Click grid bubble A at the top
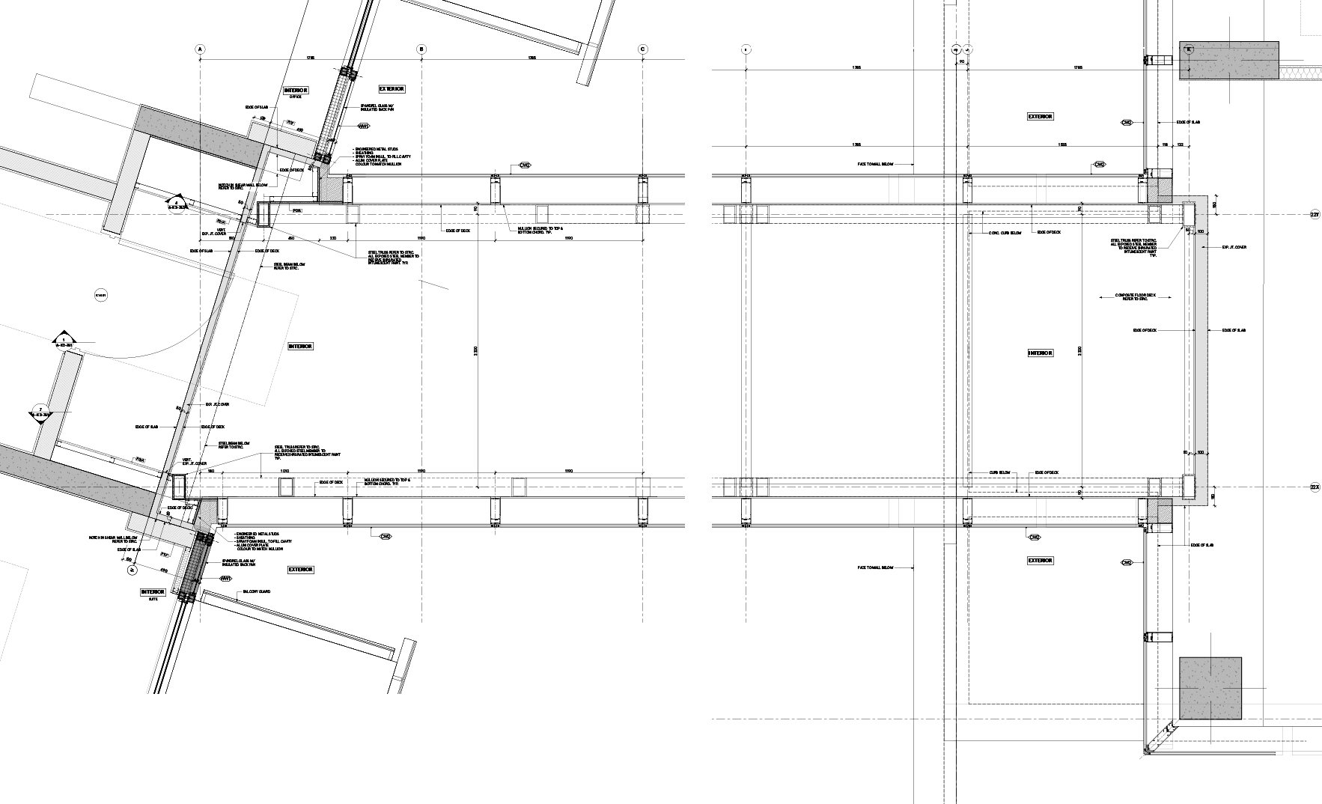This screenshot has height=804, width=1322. pos(200,49)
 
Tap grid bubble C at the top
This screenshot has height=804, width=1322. pos(643,49)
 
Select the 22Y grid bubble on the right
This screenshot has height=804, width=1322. pos(1315,215)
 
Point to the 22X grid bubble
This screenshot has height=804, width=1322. pos(1315,487)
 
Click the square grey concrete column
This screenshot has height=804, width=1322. pos(1210,688)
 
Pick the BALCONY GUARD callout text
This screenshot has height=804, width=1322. pos(255,591)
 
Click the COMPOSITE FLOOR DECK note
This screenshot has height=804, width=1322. pos(1135,297)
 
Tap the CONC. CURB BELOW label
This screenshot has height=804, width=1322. pos(1005,233)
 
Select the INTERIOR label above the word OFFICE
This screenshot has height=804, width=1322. pos(296,91)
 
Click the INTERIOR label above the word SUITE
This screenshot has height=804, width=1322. pos(153,592)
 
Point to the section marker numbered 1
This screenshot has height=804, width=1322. pos(65,342)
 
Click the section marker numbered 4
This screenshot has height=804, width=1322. pos(177,204)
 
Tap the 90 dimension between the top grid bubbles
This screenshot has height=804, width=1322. pos(962,61)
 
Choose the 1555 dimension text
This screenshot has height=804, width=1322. pos(1061,144)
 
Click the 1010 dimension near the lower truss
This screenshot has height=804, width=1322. pos(284,471)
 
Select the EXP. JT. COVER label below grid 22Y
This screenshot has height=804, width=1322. pos(1234,246)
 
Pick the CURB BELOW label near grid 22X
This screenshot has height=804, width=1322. pos(999,472)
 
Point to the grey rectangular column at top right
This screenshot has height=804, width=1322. pos(1229,60)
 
